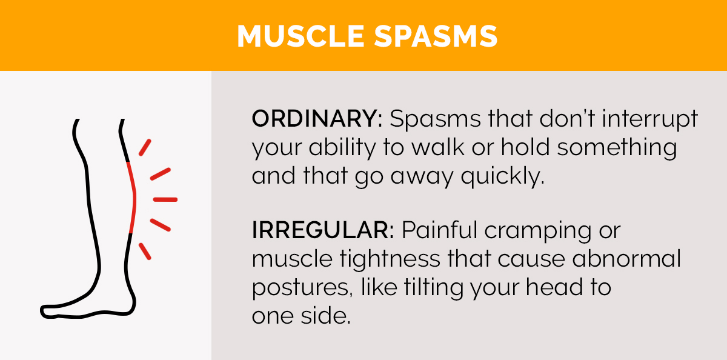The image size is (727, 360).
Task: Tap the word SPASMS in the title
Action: [433, 36]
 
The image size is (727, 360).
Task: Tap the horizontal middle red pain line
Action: [165, 199]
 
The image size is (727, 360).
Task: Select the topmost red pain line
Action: [145, 147]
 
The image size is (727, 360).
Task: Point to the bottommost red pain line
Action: [145, 251]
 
